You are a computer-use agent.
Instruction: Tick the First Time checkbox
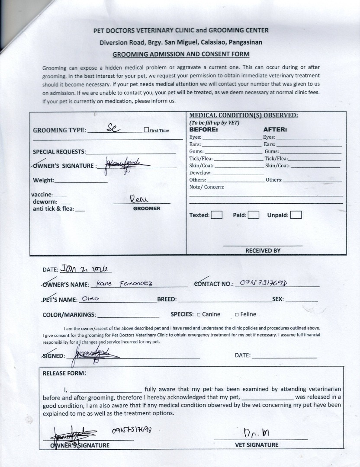146,130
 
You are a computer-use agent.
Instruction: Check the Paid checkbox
254,215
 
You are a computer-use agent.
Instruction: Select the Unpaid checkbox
296,215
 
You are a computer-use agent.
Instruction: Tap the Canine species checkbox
199,315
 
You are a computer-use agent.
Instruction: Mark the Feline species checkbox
237,315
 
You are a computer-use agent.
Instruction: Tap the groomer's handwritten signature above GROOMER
139,199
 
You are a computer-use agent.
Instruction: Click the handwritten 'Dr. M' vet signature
257,433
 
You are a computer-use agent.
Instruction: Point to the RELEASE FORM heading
64,373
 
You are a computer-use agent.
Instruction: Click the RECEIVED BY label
263,250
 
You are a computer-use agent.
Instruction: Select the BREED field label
167,299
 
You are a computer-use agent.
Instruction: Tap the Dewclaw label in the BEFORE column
200,173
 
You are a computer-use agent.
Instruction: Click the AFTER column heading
275,129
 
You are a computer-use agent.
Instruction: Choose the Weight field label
44,180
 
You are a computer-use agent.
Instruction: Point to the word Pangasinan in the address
245,42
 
